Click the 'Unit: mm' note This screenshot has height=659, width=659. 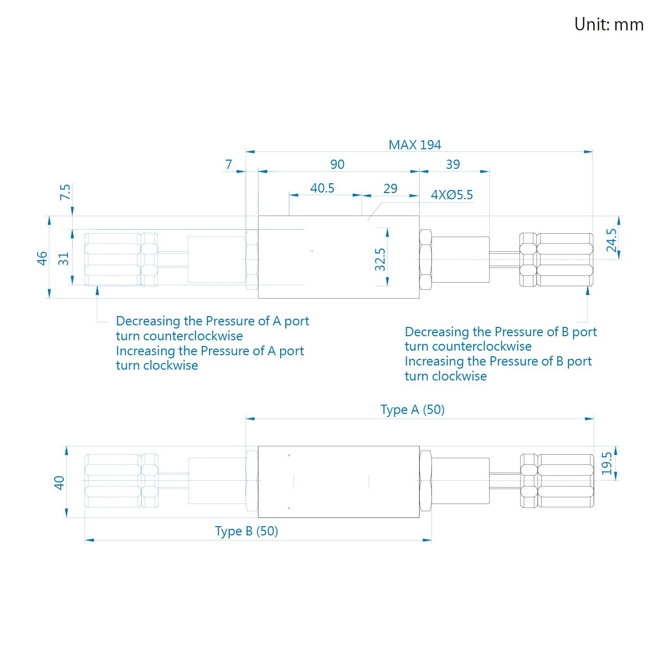[x=609, y=25]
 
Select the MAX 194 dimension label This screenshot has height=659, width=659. [x=414, y=145]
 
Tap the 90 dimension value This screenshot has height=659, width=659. [x=337, y=165]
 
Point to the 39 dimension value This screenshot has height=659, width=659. [x=453, y=165]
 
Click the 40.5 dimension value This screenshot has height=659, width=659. [x=322, y=188]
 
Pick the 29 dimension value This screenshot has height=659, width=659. [x=390, y=188]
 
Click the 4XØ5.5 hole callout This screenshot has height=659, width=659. [x=452, y=195]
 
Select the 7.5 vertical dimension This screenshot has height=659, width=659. [x=65, y=192]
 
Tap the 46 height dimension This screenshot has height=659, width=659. [x=42, y=258]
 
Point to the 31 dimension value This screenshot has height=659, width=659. [x=64, y=259]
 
